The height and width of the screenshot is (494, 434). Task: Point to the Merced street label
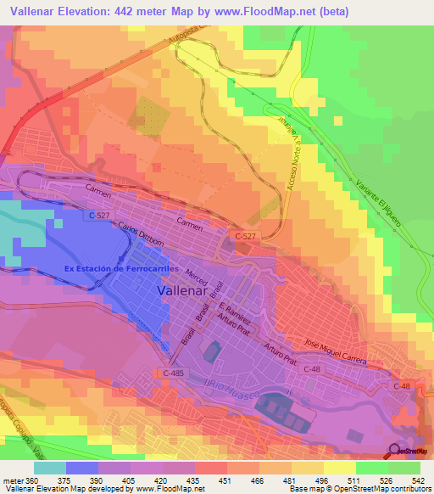(x=197, y=278)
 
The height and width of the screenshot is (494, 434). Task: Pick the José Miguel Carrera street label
(x=336, y=351)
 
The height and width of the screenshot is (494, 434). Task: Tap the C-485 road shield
(x=174, y=373)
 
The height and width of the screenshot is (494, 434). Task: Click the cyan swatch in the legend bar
(x=50, y=466)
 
